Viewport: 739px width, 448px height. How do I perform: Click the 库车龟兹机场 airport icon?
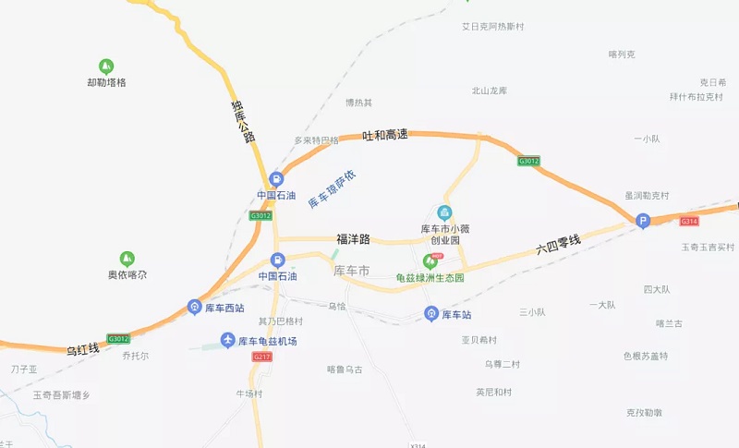[227, 341]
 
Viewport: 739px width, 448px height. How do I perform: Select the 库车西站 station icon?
[194, 307]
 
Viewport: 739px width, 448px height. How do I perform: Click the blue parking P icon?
[643, 220]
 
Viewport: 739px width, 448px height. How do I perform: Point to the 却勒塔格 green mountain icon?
[106, 67]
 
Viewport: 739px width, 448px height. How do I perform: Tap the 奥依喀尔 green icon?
[127, 259]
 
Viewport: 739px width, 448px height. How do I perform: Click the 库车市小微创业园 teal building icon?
[444, 212]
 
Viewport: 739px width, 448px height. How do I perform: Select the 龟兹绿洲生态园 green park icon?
[429, 261]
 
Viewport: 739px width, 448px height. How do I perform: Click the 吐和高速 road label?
[384, 135]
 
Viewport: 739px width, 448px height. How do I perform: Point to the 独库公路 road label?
[242, 121]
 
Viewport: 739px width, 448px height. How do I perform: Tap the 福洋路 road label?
[353, 239]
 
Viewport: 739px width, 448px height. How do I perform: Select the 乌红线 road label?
[82, 349]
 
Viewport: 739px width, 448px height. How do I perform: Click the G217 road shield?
[261, 357]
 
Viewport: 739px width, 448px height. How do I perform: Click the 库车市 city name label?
[351, 271]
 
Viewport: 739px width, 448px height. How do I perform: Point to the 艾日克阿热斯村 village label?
[492, 27]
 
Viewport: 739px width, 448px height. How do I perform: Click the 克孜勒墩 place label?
[644, 412]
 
